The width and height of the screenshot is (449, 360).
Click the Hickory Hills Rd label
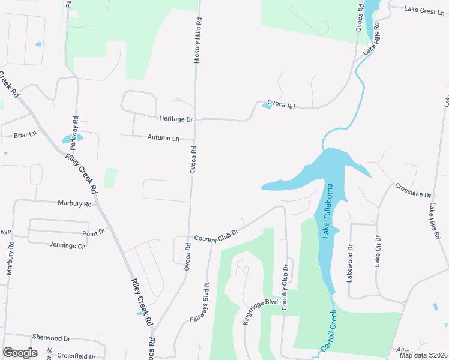196,45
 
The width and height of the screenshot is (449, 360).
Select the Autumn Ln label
163,138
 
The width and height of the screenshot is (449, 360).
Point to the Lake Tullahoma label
328,211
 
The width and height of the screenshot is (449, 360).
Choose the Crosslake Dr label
413,191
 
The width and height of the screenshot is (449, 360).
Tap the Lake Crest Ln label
424,10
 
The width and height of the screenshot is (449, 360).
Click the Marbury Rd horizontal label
74,204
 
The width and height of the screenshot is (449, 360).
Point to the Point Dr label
94,232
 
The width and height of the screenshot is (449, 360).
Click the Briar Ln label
25,135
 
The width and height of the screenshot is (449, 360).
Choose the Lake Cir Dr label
377,251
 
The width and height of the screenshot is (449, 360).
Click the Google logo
20,352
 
